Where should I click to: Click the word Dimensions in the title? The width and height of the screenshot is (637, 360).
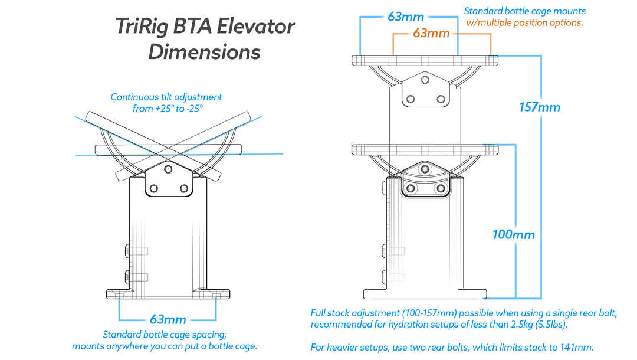click(204, 52)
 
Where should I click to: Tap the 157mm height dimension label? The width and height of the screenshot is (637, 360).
click(540, 107)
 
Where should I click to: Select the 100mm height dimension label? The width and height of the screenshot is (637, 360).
click(514, 234)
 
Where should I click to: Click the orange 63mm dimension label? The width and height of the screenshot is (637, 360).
click(431, 34)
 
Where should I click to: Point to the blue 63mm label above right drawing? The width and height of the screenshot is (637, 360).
click(406, 17)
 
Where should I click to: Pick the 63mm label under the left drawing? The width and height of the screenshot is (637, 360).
click(168, 319)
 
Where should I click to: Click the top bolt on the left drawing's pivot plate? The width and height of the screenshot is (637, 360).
click(168, 169)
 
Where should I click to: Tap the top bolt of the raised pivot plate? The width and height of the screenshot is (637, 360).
click(425, 78)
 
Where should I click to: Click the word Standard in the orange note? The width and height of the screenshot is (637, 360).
click(483, 11)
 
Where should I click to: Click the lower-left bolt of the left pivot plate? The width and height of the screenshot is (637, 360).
click(154, 188)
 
